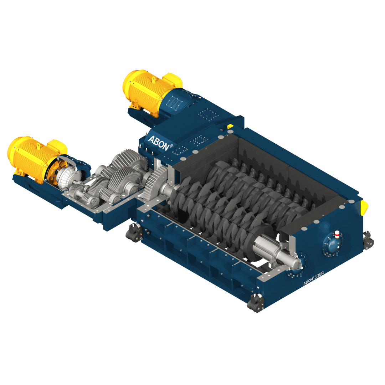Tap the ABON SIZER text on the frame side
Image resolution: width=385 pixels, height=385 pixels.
click(314, 278)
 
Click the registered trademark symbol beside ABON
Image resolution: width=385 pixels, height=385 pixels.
click(171, 146)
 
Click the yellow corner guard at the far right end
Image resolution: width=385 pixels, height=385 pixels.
click(364, 207)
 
